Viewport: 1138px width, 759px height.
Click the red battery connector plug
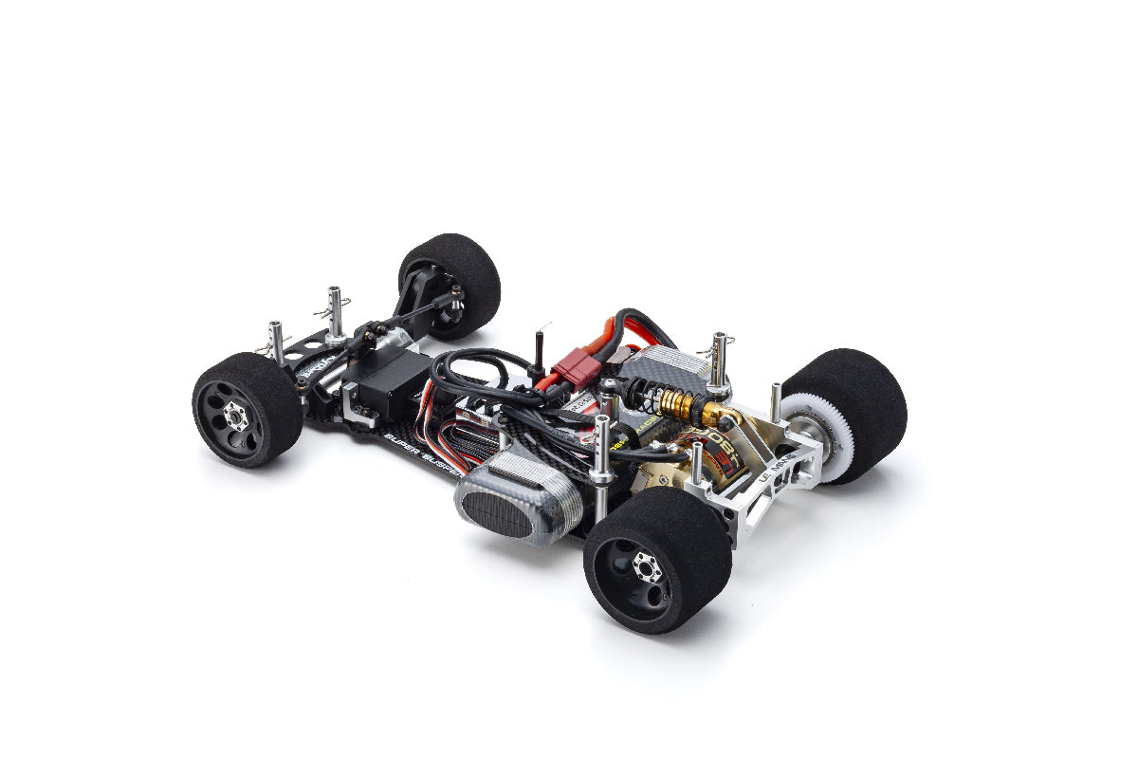click(x=576, y=366)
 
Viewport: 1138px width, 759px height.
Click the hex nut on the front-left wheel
click(x=235, y=416)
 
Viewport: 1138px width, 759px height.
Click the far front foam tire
click(x=455, y=275)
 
